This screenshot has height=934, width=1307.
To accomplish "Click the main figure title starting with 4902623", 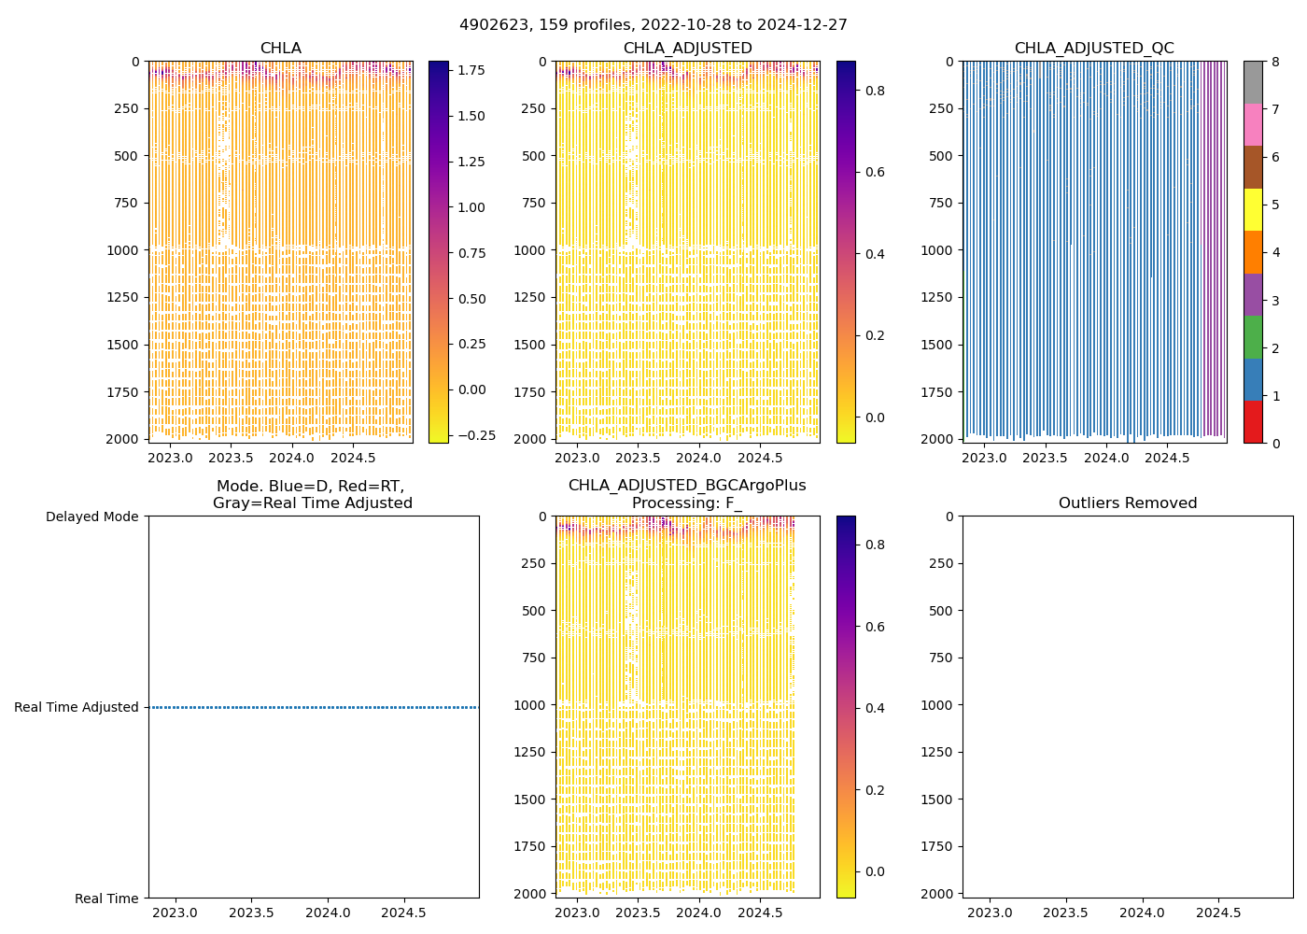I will click(x=653, y=25).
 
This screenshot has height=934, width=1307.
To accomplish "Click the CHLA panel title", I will click(x=280, y=49).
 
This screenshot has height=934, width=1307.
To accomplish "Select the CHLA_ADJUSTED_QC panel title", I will click(x=1094, y=49).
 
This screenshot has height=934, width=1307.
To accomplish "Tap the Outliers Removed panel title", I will click(x=1128, y=503).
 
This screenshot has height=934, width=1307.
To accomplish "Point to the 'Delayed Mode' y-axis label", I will click(x=91, y=517).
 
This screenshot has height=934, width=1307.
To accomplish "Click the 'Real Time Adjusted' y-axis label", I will click(x=77, y=708).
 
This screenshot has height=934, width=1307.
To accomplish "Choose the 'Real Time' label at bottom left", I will click(x=106, y=899).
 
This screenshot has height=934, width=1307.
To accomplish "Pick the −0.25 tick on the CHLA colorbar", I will click(x=475, y=435).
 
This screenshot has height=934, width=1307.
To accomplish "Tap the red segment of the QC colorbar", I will click(x=1253, y=421).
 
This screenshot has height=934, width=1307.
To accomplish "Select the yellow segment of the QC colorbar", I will click(x=1253, y=209).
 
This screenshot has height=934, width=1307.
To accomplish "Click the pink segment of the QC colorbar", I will click(x=1253, y=124).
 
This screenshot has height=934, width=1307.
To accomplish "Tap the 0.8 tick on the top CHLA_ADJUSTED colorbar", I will click(x=876, y=91).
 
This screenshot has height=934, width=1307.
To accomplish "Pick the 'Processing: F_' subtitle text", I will click(x=687, y=503).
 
